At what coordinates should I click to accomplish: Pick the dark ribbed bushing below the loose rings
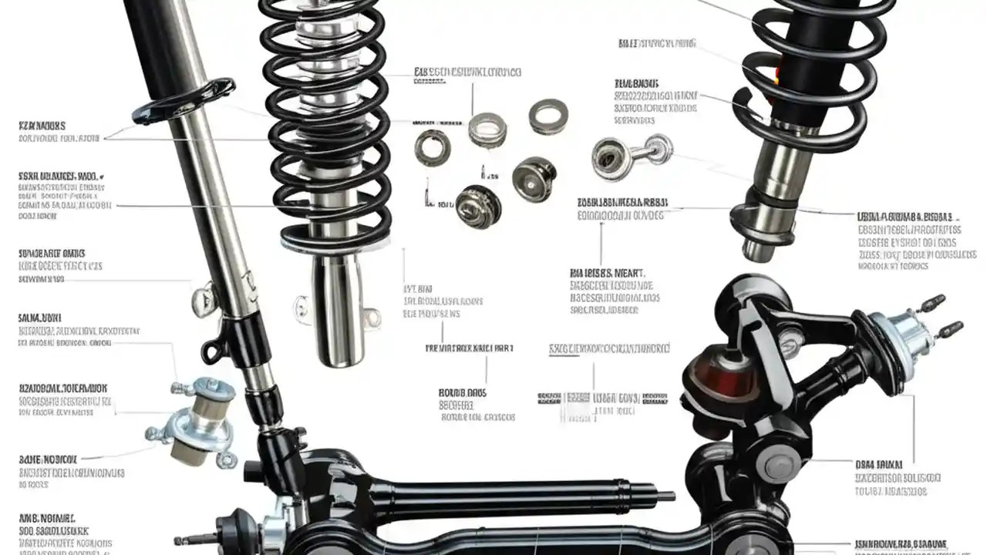[x=478, y=204]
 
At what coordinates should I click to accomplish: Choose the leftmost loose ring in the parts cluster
[x=432, y=146]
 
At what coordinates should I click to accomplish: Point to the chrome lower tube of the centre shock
[x=337, y=312]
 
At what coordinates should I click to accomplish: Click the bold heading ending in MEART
[x=608, y=272]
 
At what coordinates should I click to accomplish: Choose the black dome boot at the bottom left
[x=231, y=531]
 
